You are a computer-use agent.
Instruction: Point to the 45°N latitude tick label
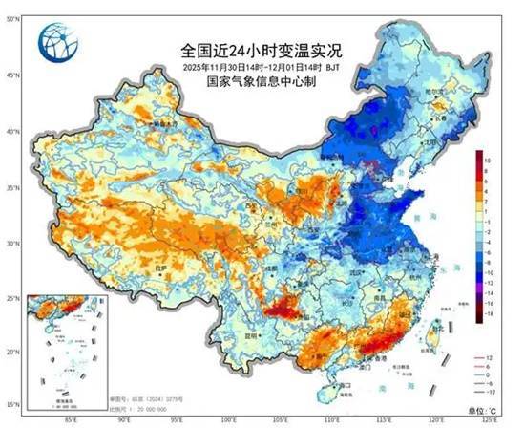click(x=10, y=75)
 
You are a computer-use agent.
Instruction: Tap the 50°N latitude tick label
click(x=10, y=18)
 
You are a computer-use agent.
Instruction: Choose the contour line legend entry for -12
click(x=488, y=393)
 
